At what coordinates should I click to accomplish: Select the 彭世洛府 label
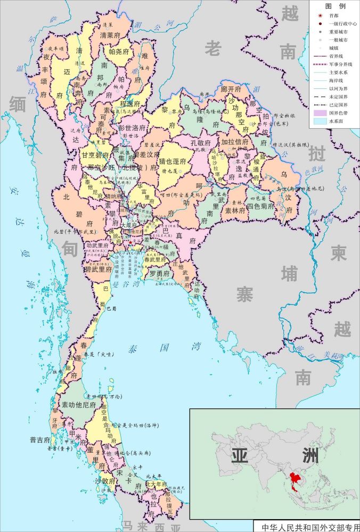click(x=131, y=128)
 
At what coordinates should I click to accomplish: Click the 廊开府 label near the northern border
click(x=231, y=89)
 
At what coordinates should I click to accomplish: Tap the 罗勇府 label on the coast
click(x=159, y=274)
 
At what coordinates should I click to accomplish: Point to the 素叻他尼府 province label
click(x=79, y=405)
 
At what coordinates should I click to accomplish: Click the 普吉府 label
click(x=40, y=440)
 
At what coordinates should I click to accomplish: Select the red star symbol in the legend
click(x=320, y=16)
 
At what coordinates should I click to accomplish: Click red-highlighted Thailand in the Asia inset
click(x=291, y=479)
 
